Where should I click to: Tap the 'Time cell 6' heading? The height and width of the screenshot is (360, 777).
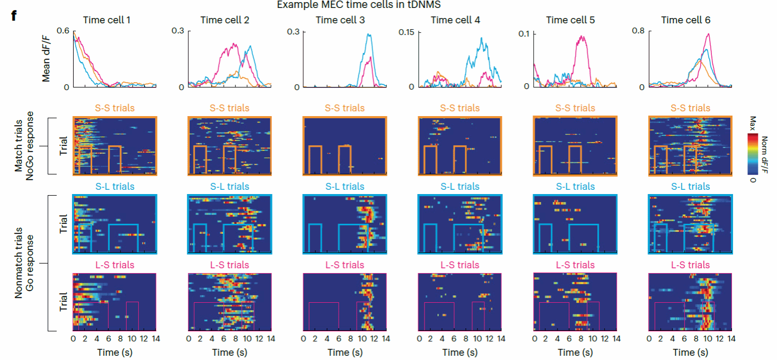[686, 20]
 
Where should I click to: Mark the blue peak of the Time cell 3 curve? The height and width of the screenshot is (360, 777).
[369, 34]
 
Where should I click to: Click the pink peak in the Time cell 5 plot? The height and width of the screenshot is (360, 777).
[582, 37]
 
